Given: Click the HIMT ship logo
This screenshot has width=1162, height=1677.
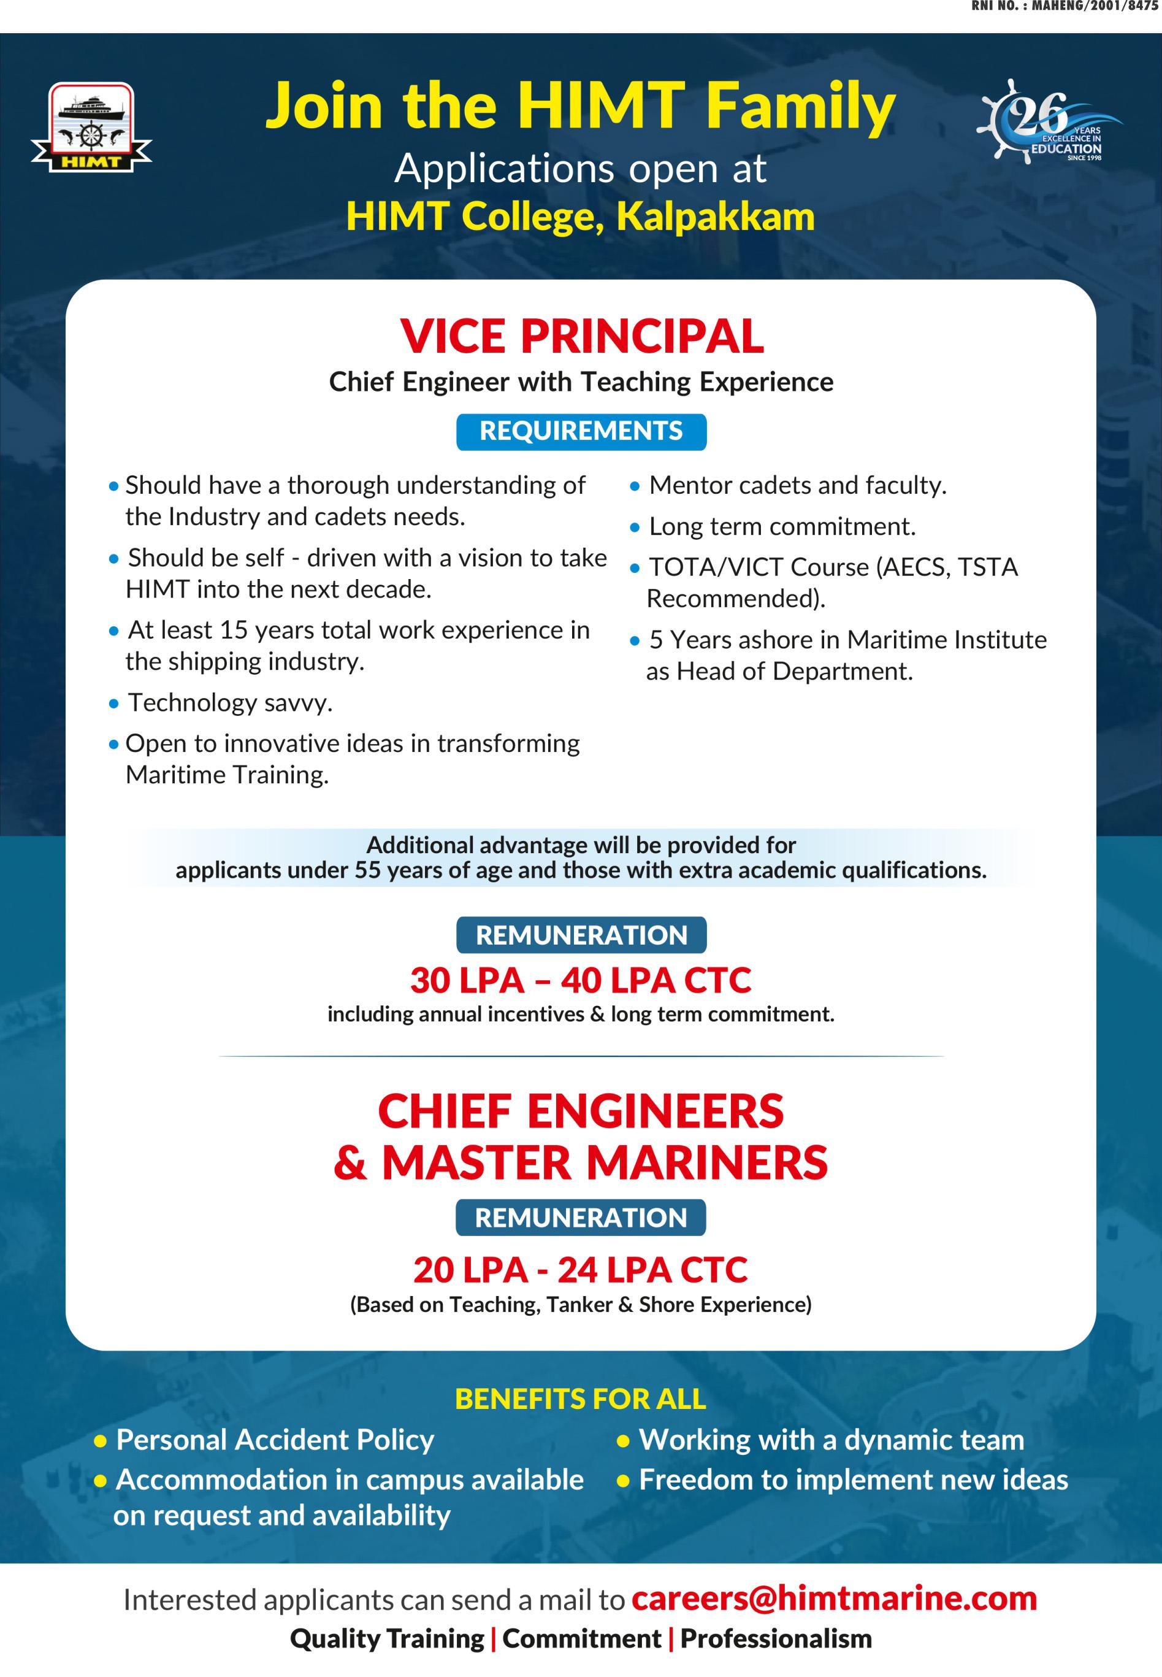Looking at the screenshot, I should (91, 128).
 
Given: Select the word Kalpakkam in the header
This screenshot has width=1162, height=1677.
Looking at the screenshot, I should (715, 217).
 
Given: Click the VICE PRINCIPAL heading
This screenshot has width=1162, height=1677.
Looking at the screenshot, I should (581, 336).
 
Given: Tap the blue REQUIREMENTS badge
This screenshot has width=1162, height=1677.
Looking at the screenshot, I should (581, 431).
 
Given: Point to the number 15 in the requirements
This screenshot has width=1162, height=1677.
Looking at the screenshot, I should (234, 630).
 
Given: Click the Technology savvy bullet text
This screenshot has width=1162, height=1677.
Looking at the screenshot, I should (230, 703).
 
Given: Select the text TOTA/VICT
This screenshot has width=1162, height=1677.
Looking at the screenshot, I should (716, 567).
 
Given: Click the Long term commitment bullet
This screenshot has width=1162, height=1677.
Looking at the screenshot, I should (782, 526).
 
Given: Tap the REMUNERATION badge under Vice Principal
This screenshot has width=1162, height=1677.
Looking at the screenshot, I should (581, 935).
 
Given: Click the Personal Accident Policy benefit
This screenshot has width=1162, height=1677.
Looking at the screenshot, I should (275, 1440).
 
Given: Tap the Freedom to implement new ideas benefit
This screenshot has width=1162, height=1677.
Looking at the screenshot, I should (852, 1479).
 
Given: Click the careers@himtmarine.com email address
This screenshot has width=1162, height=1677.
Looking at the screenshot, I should (834, 1598).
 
